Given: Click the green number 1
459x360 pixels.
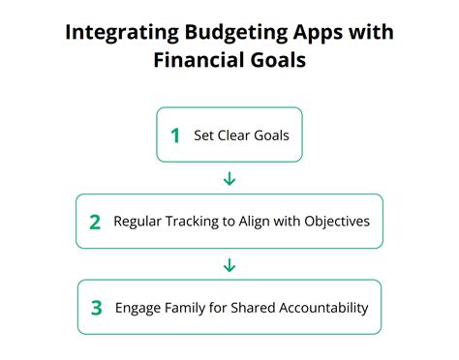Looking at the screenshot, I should click(x=175, y=135).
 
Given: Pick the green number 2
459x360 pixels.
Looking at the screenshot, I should click(x=95, y=222).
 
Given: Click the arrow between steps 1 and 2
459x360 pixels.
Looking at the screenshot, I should click(x=229, y=178).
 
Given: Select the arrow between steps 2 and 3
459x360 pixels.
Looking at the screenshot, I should click(x=229, y=264).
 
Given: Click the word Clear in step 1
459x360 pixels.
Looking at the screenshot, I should click(x=234, y=136).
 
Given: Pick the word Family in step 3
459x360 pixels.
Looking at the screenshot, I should click(x=193, y=308).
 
